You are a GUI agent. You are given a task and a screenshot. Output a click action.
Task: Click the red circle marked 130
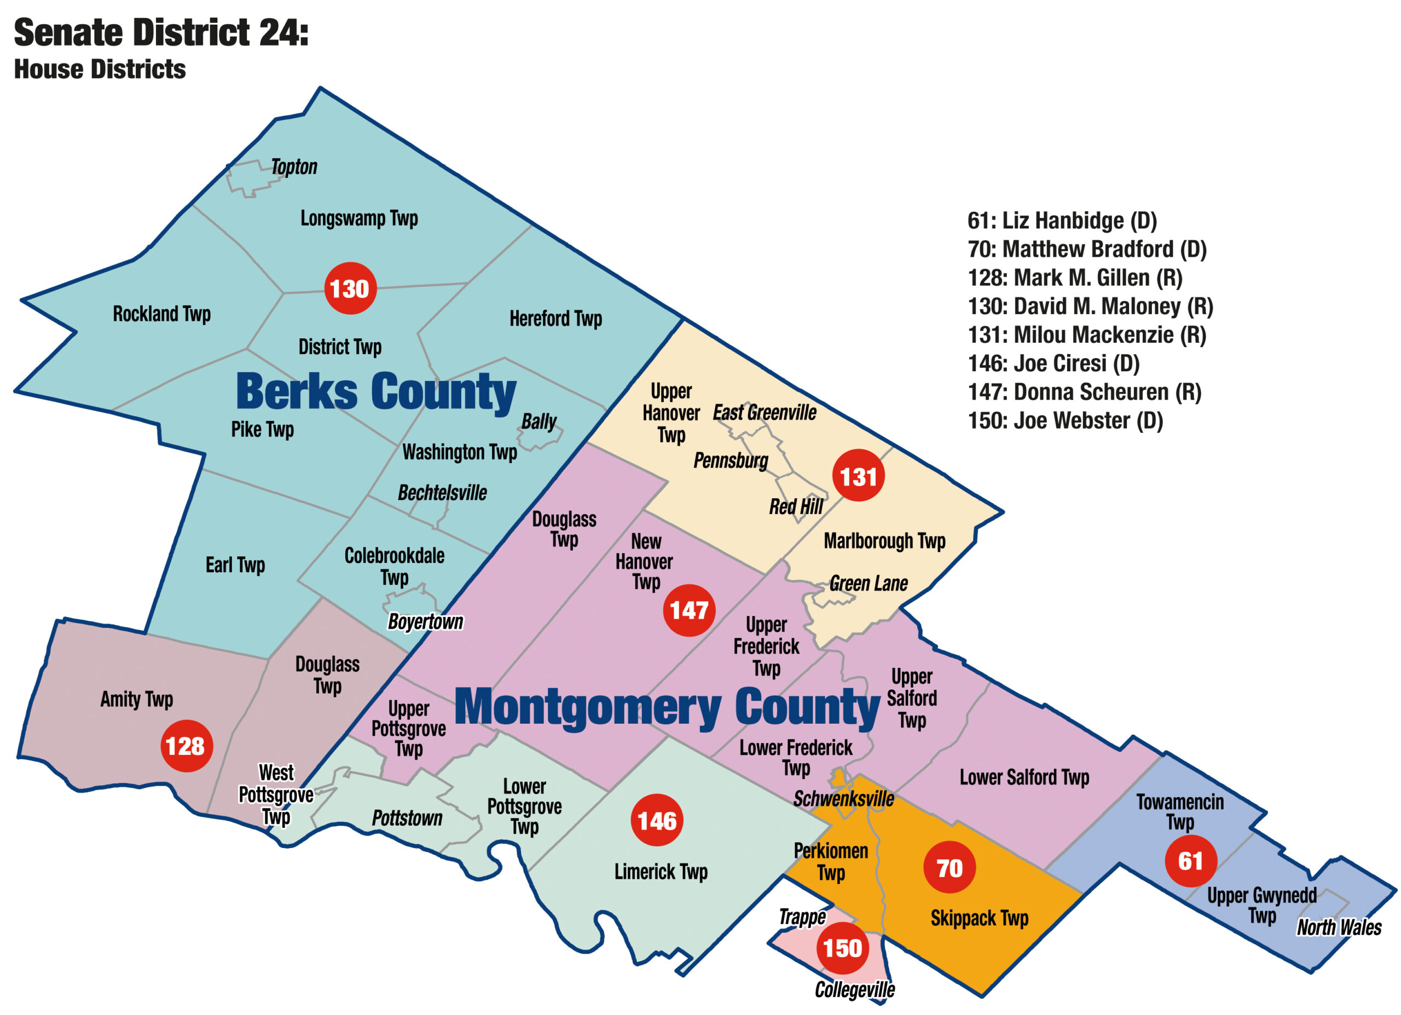350,289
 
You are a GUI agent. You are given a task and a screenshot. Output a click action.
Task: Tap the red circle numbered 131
858,476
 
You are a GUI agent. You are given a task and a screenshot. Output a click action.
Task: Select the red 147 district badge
689,610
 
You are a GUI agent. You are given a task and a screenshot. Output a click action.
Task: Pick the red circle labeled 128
186,746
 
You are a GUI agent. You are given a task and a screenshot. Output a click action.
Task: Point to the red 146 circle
657,821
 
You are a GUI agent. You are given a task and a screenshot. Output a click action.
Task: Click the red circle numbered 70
950,867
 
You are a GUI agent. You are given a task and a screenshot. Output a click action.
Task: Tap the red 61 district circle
1190,861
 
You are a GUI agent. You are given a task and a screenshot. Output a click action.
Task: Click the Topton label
294,167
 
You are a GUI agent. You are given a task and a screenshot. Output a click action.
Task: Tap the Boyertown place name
425,621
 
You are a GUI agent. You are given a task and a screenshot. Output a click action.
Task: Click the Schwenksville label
843,799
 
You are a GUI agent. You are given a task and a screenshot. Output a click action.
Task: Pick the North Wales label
1339,927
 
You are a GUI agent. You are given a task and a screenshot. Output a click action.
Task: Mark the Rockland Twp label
162,314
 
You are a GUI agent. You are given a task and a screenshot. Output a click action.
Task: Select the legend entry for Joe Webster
1065,420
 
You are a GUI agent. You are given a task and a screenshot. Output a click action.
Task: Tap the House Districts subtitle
100,69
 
